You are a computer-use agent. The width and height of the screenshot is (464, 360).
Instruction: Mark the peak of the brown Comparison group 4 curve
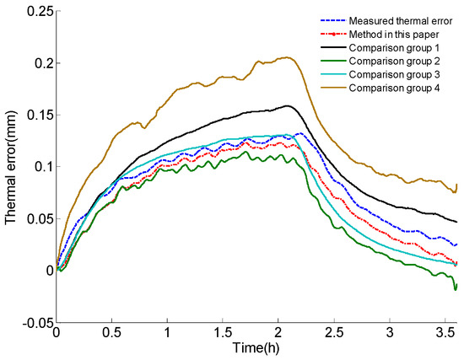(288, 57)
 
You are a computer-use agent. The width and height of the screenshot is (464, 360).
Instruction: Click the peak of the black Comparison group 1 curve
(288, 105)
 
